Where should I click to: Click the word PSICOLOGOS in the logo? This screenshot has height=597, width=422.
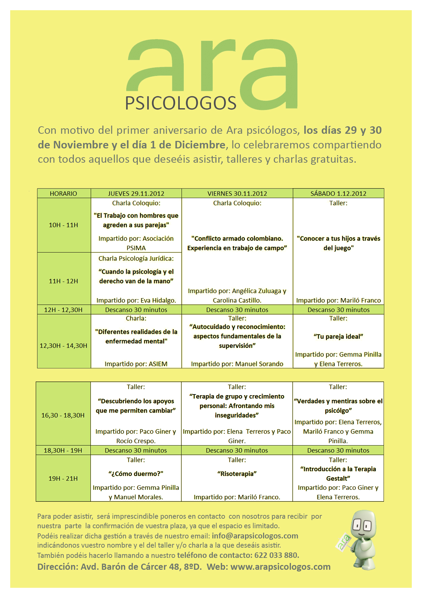(181, 103)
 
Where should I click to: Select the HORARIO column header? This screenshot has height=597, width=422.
(63, 194)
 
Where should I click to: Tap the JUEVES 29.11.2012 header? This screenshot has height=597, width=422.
(136, 194)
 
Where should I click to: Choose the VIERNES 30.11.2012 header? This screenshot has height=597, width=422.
(237, 194)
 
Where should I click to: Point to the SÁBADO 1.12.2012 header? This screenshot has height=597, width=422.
(338, 194)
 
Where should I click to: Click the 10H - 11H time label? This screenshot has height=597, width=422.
(63, 225)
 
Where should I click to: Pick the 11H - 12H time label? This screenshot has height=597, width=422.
(63, 281)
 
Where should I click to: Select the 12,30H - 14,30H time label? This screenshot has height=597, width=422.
(63, 345)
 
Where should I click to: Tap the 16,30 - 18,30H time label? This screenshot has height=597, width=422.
(63, 415)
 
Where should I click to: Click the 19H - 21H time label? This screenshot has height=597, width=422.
(63, 478)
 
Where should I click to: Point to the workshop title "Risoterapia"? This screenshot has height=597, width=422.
(237, 473)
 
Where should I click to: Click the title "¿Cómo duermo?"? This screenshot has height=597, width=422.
(136, 473)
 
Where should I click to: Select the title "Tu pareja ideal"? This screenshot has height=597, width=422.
(338, 337)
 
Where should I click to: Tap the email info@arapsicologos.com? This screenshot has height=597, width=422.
(255, 536)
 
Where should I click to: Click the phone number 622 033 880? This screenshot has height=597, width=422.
(276, 555)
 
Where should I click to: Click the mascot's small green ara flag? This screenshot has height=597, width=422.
(344, 542)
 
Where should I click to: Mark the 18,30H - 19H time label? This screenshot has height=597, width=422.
(63, 450)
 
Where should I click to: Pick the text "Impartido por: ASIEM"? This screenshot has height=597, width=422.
(136, 364)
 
